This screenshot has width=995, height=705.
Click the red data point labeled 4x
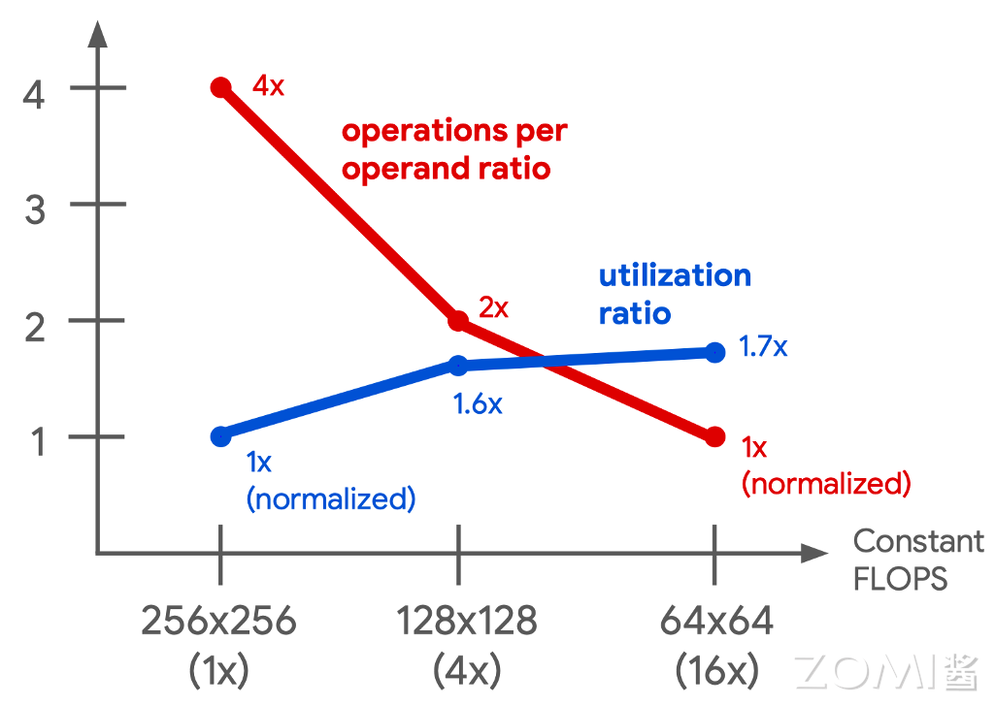pyautogui.click(x=221, y=88)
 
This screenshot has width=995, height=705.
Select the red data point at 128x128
pyautogui.click(x=458, y=322)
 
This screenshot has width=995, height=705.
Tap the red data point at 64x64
pyautogui.click(x=715, y=436)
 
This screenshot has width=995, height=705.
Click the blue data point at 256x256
pyautogui.click(x=221, y=436)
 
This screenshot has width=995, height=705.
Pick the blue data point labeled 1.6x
pyautogui.click(x=458, y=366)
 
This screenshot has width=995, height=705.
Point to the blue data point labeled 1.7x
pyautogui.click(x=715, y=352)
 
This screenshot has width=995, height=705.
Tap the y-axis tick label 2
pyautogui.click(x=36, y=327)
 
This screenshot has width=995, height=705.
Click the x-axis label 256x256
pyautogui.click(x=218, y=622)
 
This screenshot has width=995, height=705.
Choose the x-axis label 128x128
pyautogui.click(x=467, y=622)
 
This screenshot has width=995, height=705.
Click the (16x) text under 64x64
pyautogui.click(x=717, y=669)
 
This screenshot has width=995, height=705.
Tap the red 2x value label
pyautogui.click(x=493, y=309)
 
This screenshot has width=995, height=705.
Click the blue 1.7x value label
pyautogui.click(x=763, y=345)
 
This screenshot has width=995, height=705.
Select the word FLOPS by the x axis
pyautogui.click(x=900, y=580)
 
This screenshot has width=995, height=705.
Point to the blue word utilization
pyautogui.click(x=675, y=276)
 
